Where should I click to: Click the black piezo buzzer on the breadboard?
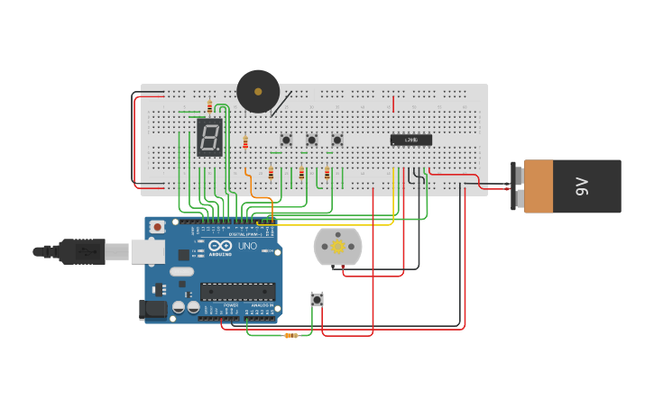(258, 91)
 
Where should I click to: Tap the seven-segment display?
(209, 138)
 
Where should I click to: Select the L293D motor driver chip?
(410, 140)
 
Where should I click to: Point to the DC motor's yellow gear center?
(338, 246)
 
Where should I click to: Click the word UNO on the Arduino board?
(246, 246)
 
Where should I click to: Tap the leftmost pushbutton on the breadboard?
(286, 140)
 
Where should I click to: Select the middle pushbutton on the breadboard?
(311, 140)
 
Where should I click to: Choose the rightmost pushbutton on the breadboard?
(337, 140)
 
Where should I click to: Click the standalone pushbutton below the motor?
(317, 299)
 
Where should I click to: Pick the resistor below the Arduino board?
(290, 335)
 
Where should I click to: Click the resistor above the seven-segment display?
(209, 106)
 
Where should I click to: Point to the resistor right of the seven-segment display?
(244, 142)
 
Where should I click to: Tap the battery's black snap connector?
(517, 186)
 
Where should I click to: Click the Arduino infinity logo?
(220, 246)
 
